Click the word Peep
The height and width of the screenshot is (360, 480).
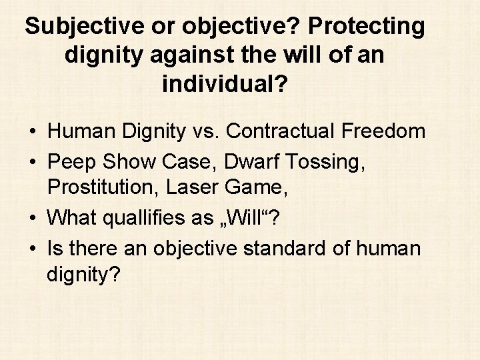point(70,161)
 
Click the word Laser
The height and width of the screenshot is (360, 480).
point(191,190)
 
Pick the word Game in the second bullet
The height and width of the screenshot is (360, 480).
point(259,190)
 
